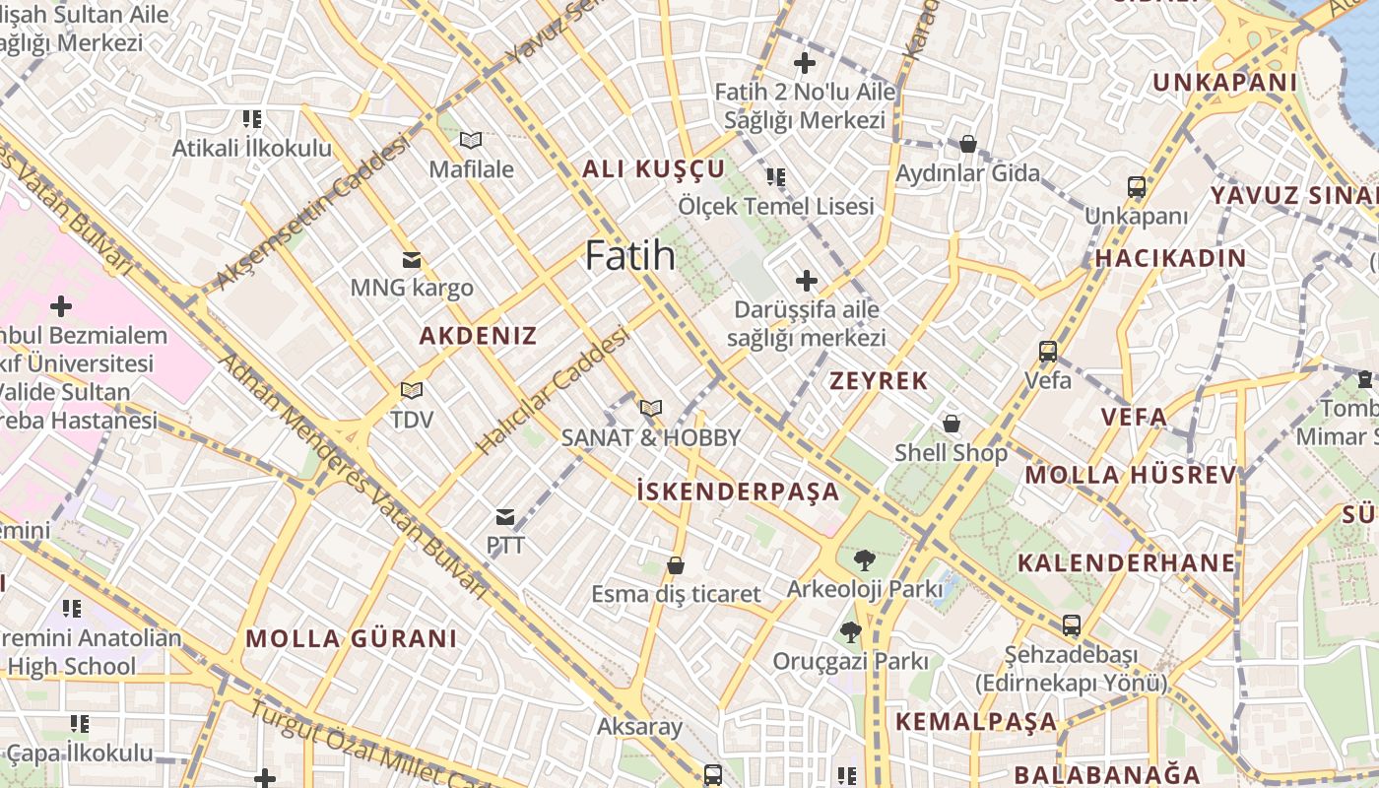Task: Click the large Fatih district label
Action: click(630, 256)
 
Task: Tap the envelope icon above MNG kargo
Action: click(412, 261)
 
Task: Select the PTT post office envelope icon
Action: click(505, 517)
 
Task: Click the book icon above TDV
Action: click(412, 391)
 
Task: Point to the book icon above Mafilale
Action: click(471, 141)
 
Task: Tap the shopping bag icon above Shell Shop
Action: click(952, 425)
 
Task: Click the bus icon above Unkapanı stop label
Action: click(1137, 187)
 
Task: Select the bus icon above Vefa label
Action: click(1048, 352)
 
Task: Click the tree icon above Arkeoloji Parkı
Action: click(864, 560)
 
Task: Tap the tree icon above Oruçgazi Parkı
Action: click(851, 632)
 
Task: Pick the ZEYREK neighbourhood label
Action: click(879, 381)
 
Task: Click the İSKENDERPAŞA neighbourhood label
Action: click(738, 492)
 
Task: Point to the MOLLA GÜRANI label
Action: click(352, 638)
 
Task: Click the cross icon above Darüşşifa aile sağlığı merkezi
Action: click(807, 282)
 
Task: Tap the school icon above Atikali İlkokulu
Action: click(252, 120)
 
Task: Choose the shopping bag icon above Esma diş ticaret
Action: click(676, 565)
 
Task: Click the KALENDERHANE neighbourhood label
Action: click(1126, 563)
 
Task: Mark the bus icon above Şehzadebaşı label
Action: click(1071, 625)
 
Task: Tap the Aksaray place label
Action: click(639, 727)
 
